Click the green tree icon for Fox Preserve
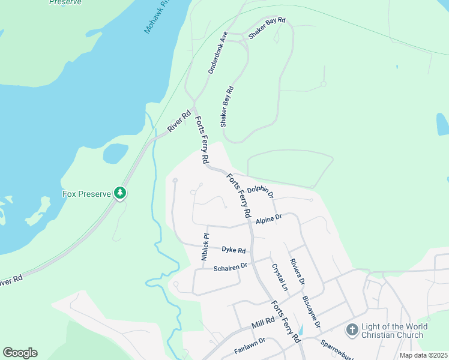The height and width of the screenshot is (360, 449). [121, 193]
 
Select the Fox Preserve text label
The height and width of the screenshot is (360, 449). [87, 194]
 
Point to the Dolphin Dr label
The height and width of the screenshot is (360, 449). [260, 191]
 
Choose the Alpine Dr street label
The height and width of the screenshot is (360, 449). [268, 220]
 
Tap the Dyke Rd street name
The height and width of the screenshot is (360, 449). [234, 250]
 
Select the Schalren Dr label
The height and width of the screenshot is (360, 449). [231, 266]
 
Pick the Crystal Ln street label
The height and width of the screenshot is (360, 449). [279, 277]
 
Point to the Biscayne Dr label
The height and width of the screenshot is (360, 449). [312, 311]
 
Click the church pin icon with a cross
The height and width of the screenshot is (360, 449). [352, 330]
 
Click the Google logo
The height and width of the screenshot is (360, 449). [20, 353]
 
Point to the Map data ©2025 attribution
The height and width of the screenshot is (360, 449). [424, 355]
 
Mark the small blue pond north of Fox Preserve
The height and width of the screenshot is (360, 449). [115, 153]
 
